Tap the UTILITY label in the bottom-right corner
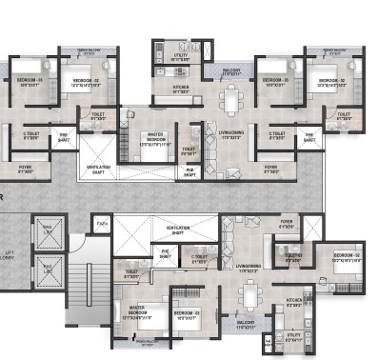[293, 336]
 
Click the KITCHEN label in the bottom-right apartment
[293, 303]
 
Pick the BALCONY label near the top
[230, 70]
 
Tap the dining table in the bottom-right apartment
[249, 297]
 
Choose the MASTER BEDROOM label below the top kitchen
[155, 139]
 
